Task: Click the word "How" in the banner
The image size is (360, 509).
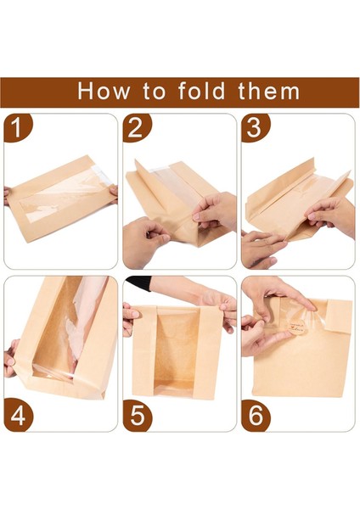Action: (x=103, y=91)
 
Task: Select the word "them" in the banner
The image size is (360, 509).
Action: (x=268, y=91)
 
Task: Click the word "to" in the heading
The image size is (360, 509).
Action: (x=154, y=92)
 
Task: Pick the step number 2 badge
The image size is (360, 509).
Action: (x=136, y=127)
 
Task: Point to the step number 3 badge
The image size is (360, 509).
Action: (x=255, y=127)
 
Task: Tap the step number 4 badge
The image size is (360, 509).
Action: (x=18, y=417)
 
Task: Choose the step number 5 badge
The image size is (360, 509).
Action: (x=137, y=417)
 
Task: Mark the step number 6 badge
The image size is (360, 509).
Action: (x=256, y=417)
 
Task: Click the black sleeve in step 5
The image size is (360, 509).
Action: (x=138, y=283)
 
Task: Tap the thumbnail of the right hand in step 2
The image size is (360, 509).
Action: (x=196, y=216)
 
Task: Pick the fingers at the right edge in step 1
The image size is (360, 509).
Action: (x=114, y=194)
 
